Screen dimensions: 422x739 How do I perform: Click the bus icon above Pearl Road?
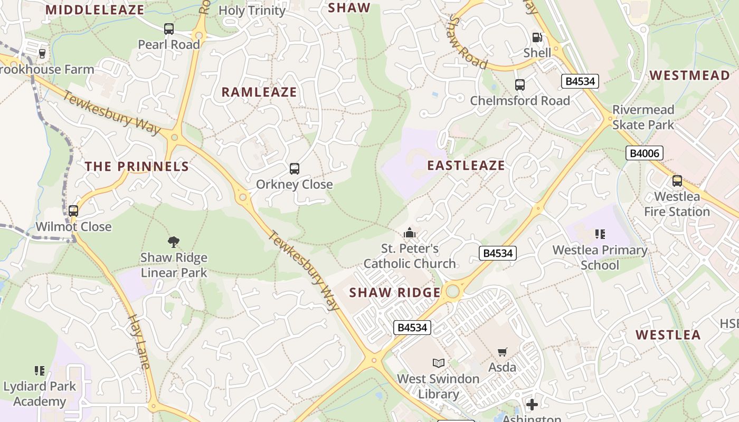(x=169, y=29)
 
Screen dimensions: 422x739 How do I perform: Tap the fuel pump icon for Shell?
(x=537, y=37)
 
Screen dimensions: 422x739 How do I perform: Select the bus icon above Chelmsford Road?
(x=520, y=85)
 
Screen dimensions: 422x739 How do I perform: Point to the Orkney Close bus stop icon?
(x=295, y=169)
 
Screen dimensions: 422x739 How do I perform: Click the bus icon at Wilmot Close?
(x=73, y=211)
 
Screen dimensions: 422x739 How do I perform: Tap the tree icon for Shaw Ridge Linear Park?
(x=174, y=242)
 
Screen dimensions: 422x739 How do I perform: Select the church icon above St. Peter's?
(x=410, y=233)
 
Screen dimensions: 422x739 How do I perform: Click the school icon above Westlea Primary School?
(x=600, y=234)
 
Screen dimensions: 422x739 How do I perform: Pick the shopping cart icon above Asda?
(x=503, y=352)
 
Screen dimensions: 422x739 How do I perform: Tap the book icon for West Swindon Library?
(x=438, y=363)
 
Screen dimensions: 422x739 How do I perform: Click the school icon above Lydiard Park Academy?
(x=40, y=371)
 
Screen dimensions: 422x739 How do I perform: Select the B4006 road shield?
(x=644, y=153)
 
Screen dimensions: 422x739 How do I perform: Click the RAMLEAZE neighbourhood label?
(x=259, y=92)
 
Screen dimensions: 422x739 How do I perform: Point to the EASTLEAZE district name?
(x=466, y=166)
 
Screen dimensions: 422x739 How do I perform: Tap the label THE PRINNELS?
(x=137, y=167)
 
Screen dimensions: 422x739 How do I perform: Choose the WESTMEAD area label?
(x=689, y=75)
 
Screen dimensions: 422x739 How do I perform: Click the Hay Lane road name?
(x=140, y=341)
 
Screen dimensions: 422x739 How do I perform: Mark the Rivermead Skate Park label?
(x=643, y=117)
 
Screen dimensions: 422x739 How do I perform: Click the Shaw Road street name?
(x=467, y=43)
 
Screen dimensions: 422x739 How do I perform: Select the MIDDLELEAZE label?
(x=95, y=10)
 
